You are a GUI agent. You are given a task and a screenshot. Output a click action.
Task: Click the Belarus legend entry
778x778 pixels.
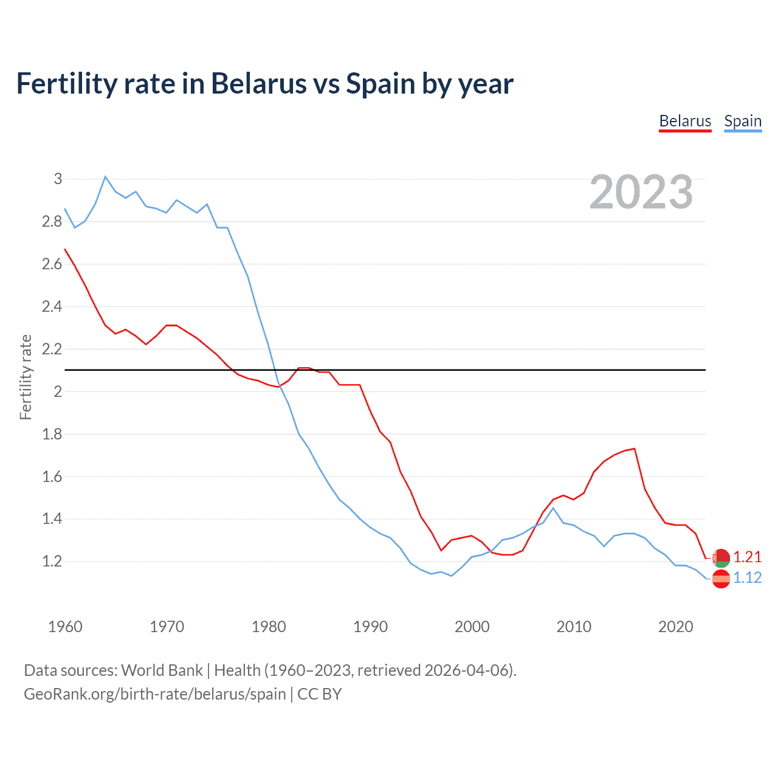point(685,121)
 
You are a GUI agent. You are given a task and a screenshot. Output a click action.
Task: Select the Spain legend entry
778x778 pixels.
point(743,121)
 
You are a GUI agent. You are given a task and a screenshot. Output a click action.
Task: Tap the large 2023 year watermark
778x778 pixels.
point(641,192)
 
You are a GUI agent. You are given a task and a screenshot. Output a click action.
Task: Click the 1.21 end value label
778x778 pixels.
point(747,557)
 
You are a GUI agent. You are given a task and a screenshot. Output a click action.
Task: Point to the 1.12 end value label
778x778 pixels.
point(747,578)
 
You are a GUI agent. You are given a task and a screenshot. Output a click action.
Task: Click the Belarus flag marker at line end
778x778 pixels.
point(721,557)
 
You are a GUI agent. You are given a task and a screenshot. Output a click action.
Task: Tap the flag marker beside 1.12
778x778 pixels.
point(721,579)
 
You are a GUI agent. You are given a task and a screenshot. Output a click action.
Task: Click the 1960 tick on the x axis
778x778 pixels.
point(65,627)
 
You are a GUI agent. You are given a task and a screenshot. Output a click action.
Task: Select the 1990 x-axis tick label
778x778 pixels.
point(370,627)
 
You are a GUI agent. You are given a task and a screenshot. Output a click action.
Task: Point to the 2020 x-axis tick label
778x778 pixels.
point(675,627)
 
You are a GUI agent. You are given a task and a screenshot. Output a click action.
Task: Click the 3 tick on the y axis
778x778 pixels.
point(58,179)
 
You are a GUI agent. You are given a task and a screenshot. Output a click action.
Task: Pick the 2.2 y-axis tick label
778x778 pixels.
point(52,349)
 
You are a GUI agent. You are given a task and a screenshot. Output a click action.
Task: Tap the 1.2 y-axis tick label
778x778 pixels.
point(52,562)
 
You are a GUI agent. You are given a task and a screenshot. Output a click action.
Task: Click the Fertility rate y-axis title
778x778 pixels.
point(26,377)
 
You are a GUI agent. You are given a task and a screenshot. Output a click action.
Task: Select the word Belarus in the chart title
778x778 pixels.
point(258,84)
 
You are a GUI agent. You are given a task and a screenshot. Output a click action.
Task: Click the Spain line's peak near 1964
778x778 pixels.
point(105,177)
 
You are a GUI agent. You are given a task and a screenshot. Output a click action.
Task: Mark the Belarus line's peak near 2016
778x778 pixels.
point(635,449)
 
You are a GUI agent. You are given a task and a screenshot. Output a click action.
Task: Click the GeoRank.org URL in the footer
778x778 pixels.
point(154,694)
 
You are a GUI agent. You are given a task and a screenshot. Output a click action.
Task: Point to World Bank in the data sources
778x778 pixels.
point(162,670)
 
